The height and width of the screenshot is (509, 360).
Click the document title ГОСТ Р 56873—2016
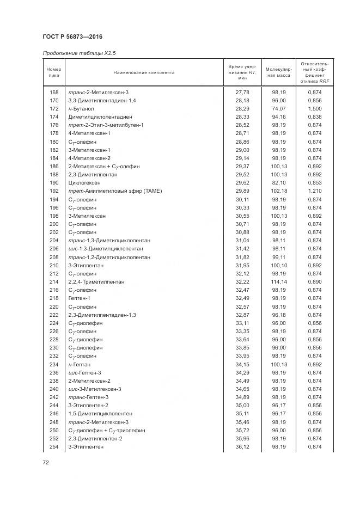click(x=72, y=37)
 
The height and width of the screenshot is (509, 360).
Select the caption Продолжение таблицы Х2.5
click(x=79, y=53)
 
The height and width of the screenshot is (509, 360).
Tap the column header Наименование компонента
click(x=144, y=72)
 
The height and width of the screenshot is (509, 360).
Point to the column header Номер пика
click(x=53, y=72)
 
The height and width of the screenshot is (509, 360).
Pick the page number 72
click(x=46, y=462)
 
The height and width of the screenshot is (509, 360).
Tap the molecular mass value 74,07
click(x=279, y=109)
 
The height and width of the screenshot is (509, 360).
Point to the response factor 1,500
click(x=315, y=109)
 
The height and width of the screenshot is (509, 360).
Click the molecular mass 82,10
click(x=279, y=183)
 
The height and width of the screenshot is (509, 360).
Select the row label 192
click(x=54, y=191)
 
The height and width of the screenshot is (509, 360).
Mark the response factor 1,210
click(x=315, y=191)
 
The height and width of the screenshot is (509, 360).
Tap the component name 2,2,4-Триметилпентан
click(x=96, y=282)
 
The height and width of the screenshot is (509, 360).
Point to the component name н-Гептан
click(x=80, y=364)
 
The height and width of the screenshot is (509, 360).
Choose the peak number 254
click(x=54, y=446)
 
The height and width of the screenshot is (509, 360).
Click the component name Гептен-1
click(x=80, y=298)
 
